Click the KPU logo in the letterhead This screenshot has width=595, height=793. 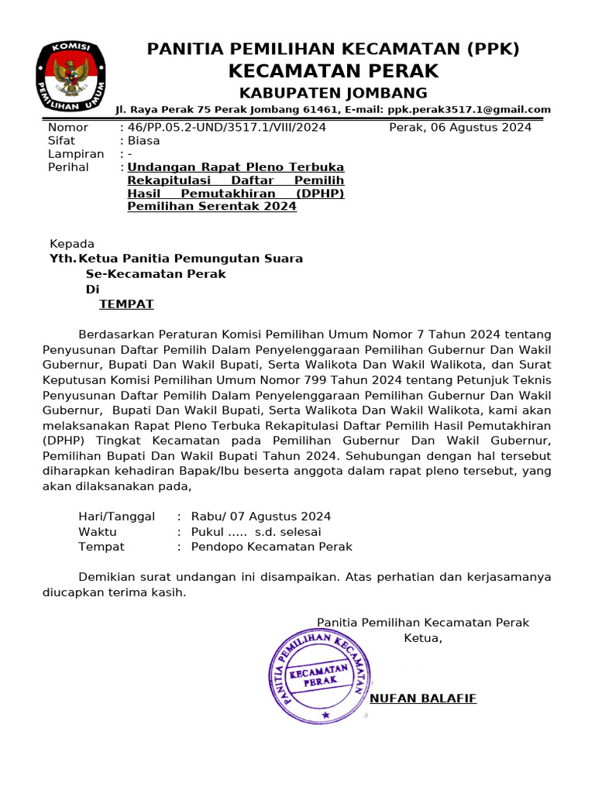[x=71, y=76]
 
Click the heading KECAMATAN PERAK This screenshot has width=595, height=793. [x=333, y=71]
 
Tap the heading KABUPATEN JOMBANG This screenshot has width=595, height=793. [x=333, y=93]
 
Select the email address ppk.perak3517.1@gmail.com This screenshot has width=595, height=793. [x=469, y=110]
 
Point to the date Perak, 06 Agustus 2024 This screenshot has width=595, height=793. [x=460, y=127]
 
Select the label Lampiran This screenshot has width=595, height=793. [x=76, y=153]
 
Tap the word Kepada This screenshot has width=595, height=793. [x=72, y=244]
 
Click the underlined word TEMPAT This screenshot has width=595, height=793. [x=126, y=304]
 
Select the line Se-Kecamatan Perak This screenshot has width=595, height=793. [x=156, y=273]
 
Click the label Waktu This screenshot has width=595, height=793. [x=98, y=531]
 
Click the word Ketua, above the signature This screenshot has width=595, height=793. [x=423, y=638]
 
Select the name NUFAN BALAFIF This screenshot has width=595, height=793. [x=423, y=699]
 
